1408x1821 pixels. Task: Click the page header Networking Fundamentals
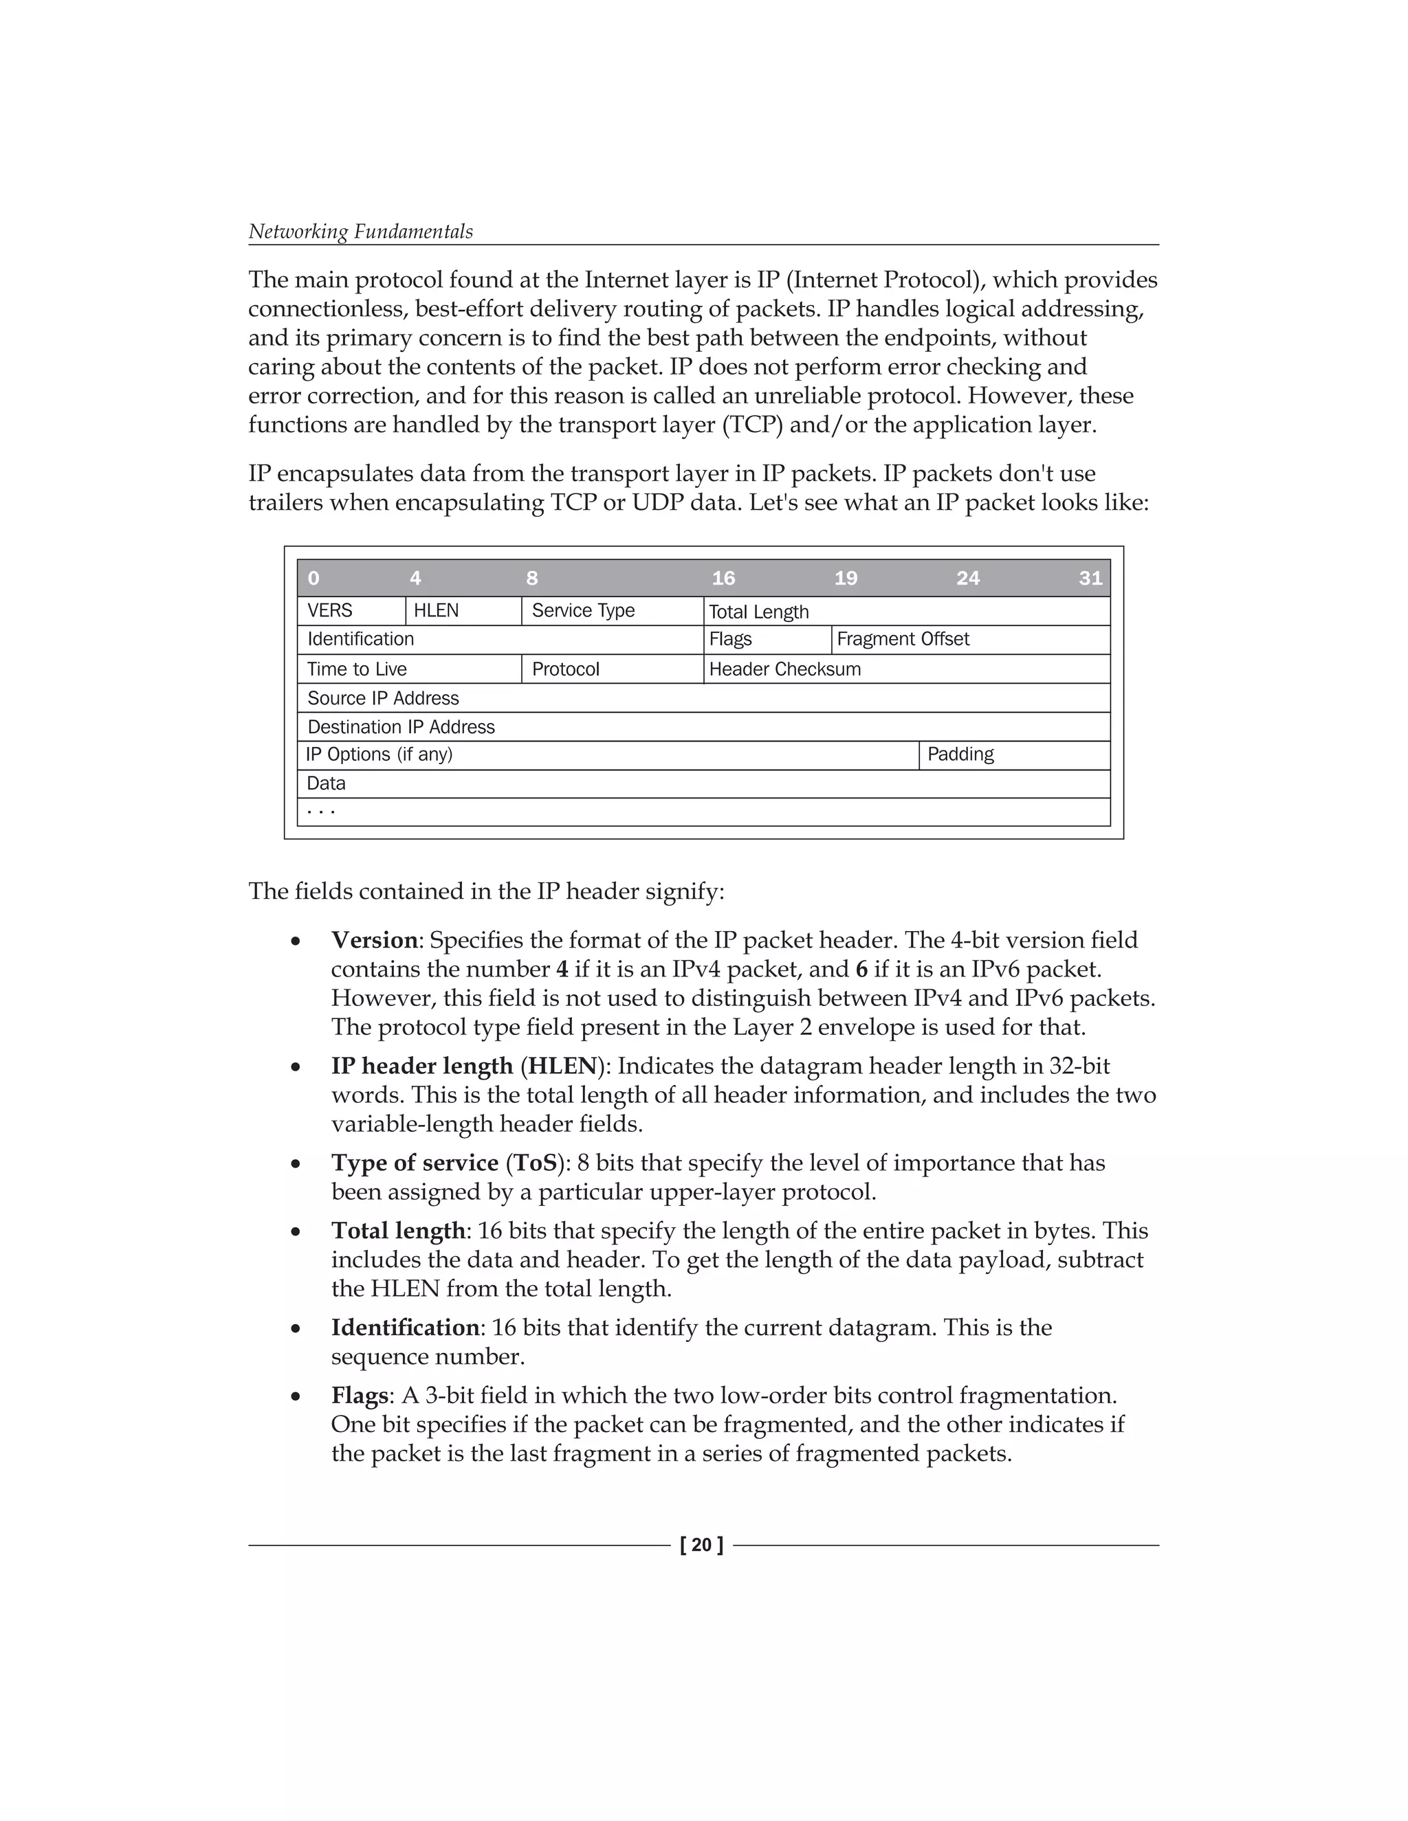[360, 232]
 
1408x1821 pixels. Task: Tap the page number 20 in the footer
[701, 1545]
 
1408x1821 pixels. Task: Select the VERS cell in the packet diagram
[329, 610]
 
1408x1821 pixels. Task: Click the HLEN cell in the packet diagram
[437, 610]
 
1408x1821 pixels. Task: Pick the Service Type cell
[583, 610]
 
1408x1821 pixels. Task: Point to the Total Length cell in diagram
[758, 612]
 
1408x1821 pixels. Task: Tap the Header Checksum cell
[785, 669]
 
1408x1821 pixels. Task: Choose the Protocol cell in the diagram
[566, 669]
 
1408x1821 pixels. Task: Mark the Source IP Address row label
[383, 698]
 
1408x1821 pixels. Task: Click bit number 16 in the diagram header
[723, 578]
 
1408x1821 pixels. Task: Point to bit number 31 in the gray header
[1090, 578]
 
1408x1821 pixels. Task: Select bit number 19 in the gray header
[846, 578]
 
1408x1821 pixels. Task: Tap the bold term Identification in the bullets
[404, 1328]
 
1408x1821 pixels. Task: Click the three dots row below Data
[321, 810]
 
